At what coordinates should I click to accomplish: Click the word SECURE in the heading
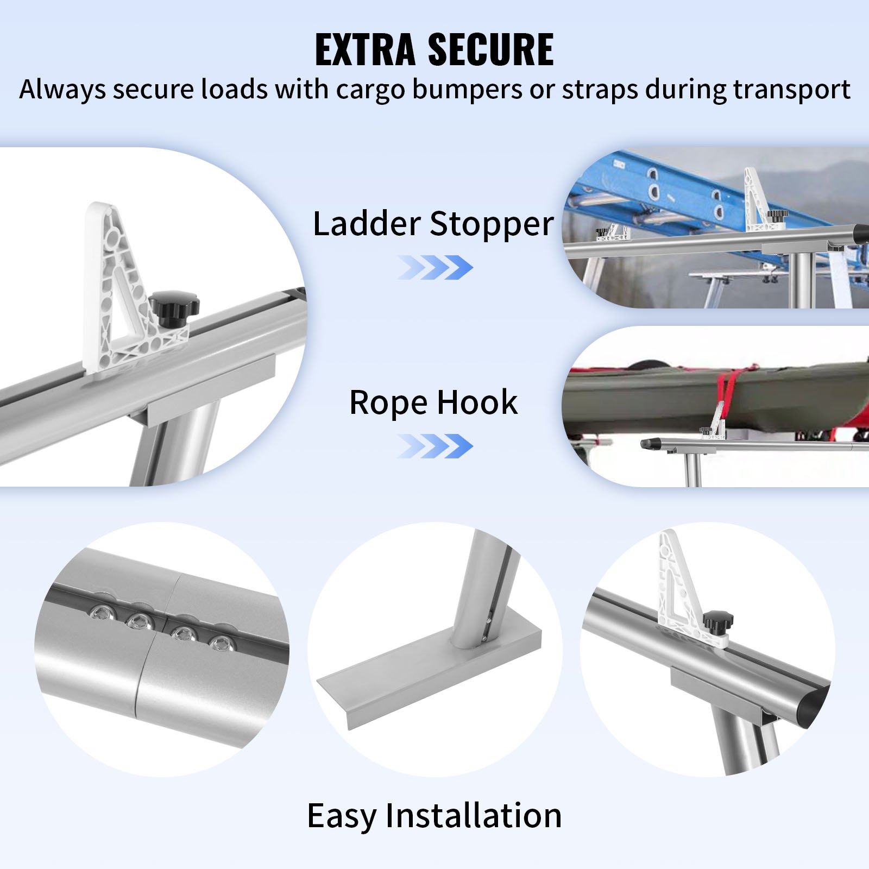click(490, 49)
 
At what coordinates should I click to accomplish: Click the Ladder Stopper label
click(433, 223)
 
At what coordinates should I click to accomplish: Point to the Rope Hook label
click(433, 402)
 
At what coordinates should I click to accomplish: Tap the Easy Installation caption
click(434, 815)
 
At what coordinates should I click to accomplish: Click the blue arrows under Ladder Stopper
click(435, 267)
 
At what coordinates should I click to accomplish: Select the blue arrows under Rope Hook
click(435, 446)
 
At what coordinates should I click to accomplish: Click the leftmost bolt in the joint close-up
click(100, 614)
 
